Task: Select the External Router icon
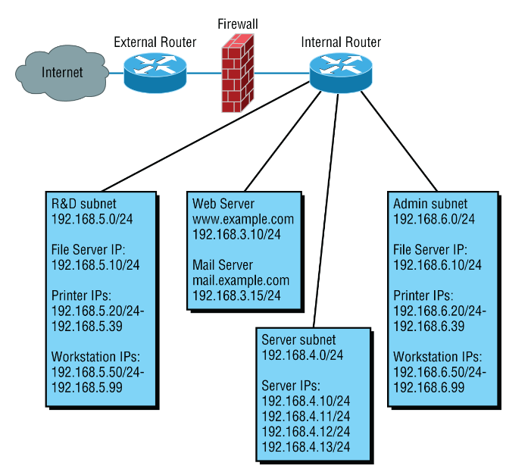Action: click(x=155, y=73)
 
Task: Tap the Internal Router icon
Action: click(x=341, y=73)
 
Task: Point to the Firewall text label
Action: click(x=237, y=24)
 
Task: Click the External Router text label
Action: click(x=155, y=42)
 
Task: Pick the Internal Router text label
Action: click(x=341, y=42)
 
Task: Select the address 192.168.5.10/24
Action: click(x=95, y=264)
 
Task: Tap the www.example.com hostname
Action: click(x=242, y=219)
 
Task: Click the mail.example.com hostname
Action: click(x=241, y=280)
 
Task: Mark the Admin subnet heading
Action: click(x=430, y=204)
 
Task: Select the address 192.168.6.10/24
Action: click(x=437, y=264)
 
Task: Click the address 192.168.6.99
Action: click(x=429, y=386)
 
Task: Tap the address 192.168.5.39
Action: click(x=86, y=325)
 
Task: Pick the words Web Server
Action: click(x=223, y=204)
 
